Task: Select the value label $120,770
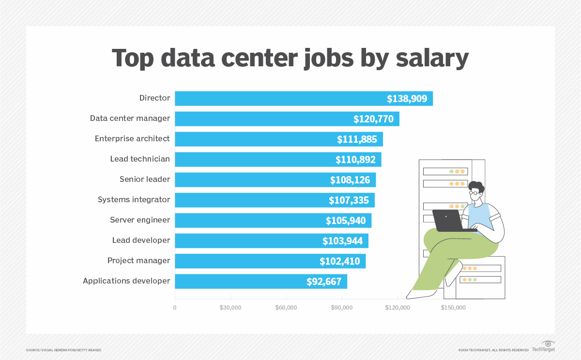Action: click(373, 119)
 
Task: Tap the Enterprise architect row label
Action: click(132, 139)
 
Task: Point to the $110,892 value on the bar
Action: click(355, 160)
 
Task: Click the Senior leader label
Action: click(145, 180)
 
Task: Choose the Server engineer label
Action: click(140, 220)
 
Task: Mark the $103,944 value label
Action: click(342, 241)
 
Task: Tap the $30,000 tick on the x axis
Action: click(230, 308)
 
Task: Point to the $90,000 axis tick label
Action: click(342, 308)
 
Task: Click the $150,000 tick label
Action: click(453, 308)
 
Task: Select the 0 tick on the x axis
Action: click(175, 308)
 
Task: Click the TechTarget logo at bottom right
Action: click(544, 347)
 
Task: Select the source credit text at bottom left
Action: click(63, 350)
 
